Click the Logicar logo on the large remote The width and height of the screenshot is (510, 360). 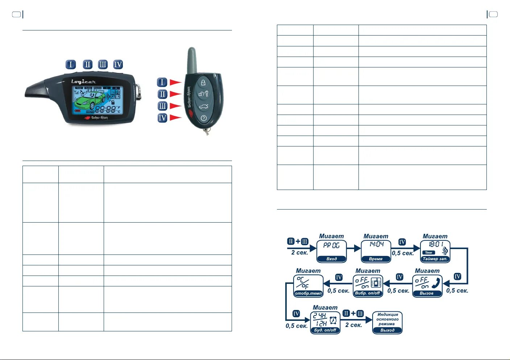coord(83,82)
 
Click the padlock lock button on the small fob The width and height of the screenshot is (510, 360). coord(203,82)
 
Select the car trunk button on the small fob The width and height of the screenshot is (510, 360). coord(203,107)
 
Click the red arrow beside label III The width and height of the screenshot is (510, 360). coord(175,106)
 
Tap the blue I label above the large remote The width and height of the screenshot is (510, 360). coord(71,65)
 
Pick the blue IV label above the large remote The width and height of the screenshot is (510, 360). coord(118,65)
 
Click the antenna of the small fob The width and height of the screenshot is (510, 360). coord(192,60)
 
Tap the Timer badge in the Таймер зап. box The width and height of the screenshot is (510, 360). coord(429,253)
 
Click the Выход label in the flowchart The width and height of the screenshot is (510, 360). coord(387,330)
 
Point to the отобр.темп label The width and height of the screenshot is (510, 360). coord(308,293)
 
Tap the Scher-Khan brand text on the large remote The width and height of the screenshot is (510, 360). coord(99,118)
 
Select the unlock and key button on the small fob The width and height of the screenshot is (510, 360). coord(203,94)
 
